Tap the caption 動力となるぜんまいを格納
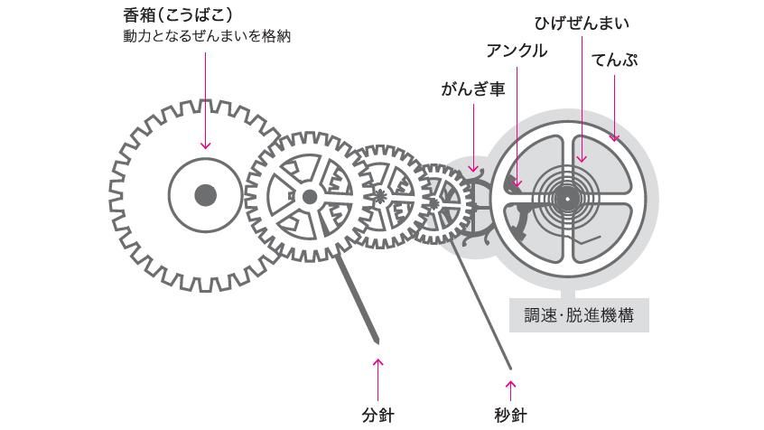207,37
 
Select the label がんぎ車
472,89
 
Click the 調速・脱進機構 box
579,316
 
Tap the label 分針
378,415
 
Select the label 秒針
510,415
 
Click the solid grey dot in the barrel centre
206,194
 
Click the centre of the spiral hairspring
568,196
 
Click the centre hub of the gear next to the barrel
310,196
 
